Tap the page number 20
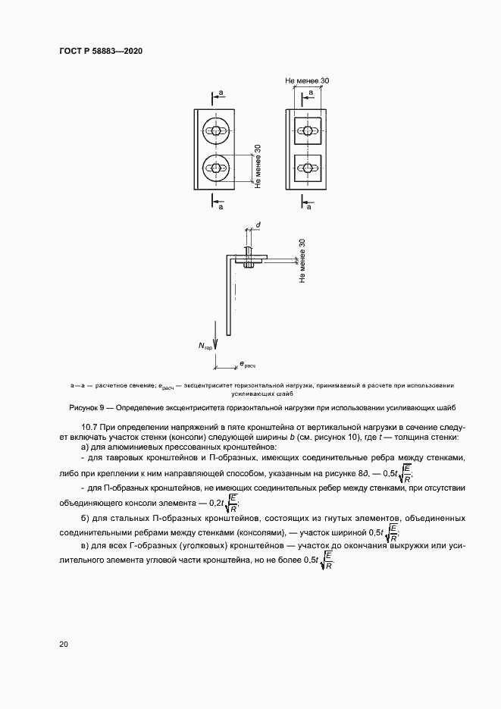click(x=63, y=645)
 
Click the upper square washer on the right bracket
click(x=307, y=131)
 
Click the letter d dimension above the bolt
click(x=258, y=225)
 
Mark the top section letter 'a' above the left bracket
click(x=221, y=93)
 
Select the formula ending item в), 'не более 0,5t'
click(x=319, y=561)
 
